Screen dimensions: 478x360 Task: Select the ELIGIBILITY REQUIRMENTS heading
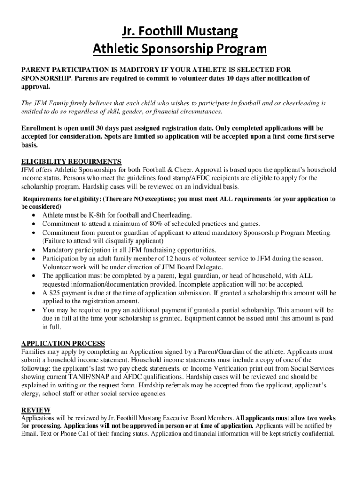72,162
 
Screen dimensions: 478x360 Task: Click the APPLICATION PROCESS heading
63,344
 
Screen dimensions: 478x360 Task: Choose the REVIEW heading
36,410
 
